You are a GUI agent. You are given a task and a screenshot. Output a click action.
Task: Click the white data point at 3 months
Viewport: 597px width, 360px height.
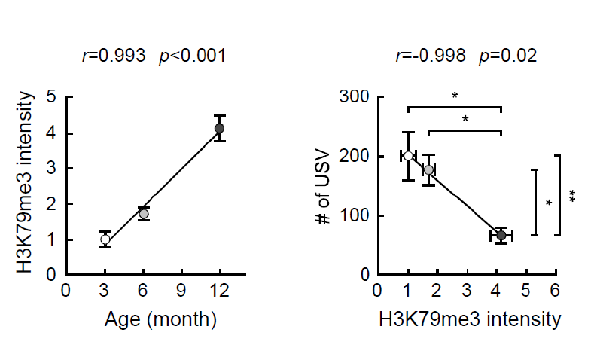[105, 239]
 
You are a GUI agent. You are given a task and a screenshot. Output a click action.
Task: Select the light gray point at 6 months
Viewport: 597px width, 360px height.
[144, 214]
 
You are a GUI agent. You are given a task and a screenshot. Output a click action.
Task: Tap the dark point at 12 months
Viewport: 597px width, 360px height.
[219, 129]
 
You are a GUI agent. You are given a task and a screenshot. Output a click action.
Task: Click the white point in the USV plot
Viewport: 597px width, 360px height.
[408, 156]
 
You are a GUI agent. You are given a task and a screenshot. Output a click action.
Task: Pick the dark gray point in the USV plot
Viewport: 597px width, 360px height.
[501, 236]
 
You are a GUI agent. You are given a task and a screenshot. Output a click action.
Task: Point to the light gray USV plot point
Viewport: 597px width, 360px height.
[428, 170]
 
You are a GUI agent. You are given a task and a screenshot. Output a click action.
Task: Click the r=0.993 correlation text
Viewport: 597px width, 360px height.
[113, 56]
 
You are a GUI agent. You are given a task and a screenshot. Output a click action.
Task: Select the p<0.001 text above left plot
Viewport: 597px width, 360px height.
[192, 56]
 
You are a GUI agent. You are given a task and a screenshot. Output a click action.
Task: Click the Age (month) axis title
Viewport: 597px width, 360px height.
[160, 319]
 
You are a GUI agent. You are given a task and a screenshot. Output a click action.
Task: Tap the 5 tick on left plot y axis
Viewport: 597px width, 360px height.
[51, 96]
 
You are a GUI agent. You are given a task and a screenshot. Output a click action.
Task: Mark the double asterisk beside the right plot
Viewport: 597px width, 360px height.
[572, 196]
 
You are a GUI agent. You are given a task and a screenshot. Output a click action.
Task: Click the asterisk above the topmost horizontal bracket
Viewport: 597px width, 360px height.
[455, 96]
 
